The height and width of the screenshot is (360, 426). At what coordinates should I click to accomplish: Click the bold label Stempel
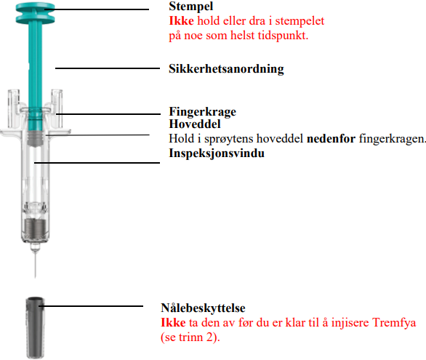click(190, 7)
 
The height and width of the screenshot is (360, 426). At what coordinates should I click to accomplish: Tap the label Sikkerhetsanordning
click(226, 69)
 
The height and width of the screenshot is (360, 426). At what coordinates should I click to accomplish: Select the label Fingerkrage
click(202, 112)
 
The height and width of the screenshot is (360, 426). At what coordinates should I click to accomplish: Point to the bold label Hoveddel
click(195, 124)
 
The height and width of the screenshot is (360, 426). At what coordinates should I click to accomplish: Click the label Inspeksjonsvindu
click(217, 153)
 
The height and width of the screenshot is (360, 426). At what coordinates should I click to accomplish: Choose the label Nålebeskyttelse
click(203, 308)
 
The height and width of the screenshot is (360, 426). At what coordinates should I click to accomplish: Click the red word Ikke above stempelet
click(181, 21)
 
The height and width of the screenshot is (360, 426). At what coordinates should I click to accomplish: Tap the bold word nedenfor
click(331, 139)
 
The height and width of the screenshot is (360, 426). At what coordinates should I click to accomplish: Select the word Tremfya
click(394, 323)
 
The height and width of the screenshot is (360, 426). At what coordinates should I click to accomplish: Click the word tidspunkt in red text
click(283, 36)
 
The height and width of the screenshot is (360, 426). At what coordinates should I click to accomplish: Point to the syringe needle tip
click(35, 277)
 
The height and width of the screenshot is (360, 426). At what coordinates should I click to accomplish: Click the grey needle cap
click(36, 328)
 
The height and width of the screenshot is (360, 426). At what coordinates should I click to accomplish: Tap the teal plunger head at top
click(35, 13)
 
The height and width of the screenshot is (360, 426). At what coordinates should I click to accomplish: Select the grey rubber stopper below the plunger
click(36, 138)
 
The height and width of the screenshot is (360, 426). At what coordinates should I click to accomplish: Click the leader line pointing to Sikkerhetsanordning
click(108, 68)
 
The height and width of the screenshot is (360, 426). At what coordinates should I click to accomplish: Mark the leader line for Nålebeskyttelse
click(91, 306)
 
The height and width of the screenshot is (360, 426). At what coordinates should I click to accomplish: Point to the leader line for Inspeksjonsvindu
click(97, 163)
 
